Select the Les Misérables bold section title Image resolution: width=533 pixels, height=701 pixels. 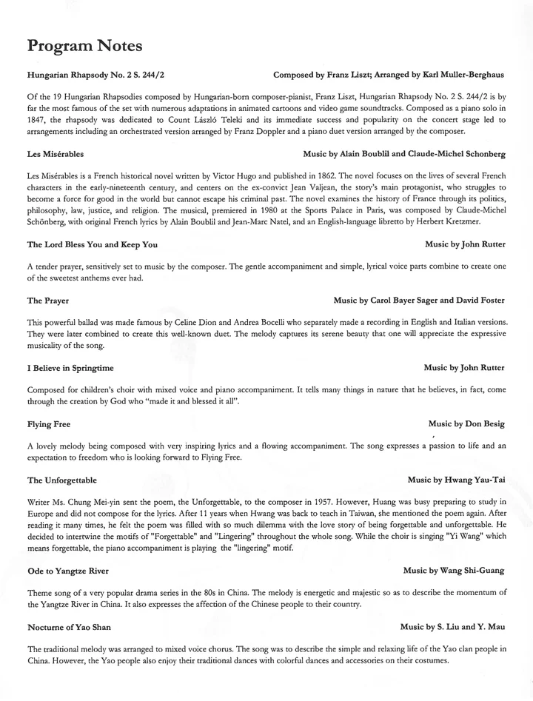pos(56,154)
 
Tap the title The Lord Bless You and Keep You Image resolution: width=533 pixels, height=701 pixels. pos(92,244)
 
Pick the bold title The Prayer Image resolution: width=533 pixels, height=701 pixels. pos(48,301)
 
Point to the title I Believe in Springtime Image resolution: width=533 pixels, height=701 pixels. pos(70,367)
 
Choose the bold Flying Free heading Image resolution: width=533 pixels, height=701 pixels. pos(49,424)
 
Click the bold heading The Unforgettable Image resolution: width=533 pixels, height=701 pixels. pos(62,480)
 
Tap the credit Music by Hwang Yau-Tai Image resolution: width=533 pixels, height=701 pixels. pos(456,480)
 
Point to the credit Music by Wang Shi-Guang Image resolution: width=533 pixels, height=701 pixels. pos(454,571)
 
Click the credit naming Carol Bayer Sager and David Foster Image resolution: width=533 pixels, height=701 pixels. pos(419,301)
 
